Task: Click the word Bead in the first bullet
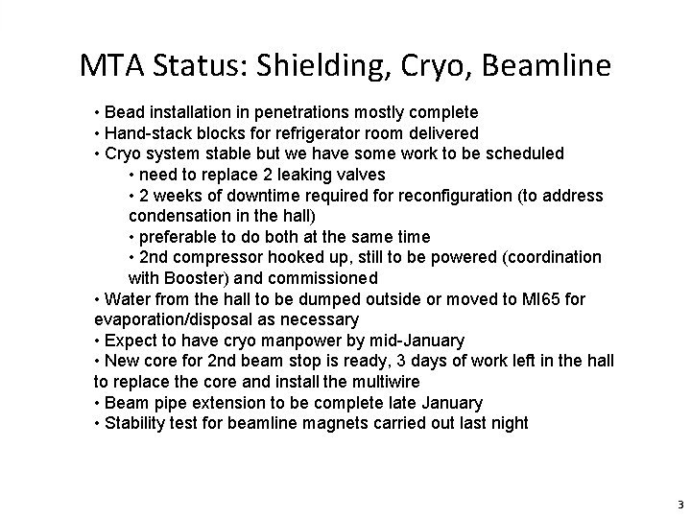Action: point(127,112)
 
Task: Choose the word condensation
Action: point(177,216)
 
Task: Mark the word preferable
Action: point(179,237)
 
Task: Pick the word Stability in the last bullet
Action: point(137,423)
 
